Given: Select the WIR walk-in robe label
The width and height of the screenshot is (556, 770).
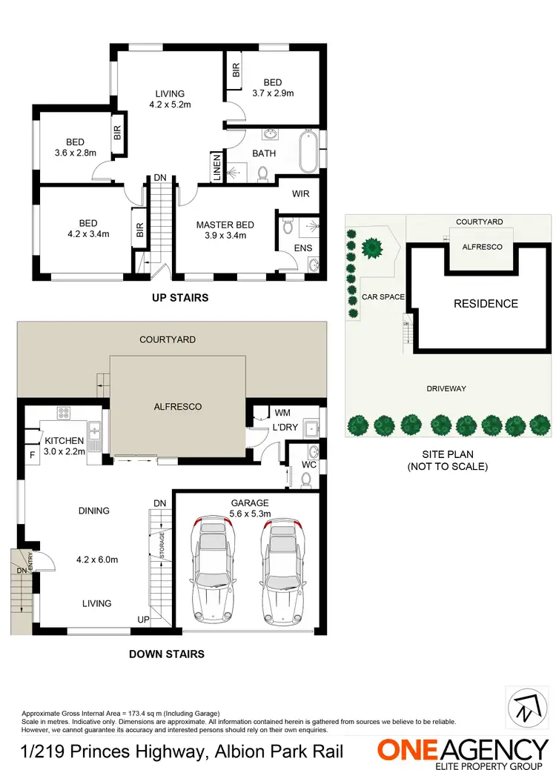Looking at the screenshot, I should pos(300,193).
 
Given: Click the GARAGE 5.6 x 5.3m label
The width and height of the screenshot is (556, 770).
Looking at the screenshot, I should pos(249,508).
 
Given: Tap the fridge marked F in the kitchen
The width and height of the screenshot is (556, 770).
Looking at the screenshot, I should pos(32,455).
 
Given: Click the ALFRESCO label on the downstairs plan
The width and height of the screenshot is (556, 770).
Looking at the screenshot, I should pos(177,407).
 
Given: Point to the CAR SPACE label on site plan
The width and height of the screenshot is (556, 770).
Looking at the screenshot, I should pos(383,297).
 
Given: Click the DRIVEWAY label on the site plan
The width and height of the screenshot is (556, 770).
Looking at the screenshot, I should pos(446,388).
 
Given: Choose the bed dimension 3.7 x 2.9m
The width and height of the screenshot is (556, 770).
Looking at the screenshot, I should pos(273,93).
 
